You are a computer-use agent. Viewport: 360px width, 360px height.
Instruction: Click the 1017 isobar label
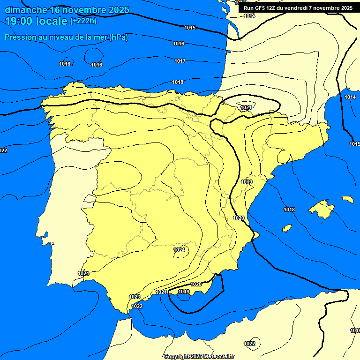(180, 61)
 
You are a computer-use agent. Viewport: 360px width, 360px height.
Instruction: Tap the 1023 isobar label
(135, 297)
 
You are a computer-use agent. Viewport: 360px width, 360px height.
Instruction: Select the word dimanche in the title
(26, 10)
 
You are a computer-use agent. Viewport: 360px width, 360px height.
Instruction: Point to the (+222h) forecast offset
(83, 21)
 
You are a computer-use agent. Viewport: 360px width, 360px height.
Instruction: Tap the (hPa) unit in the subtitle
(119, 37)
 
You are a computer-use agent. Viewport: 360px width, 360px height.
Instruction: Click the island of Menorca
(347, 199)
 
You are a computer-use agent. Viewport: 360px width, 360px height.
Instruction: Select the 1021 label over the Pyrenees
(246, 108)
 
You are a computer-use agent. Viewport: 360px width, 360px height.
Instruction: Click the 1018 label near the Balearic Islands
(289, 210)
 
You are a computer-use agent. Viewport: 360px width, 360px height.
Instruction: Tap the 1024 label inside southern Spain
(179, 250)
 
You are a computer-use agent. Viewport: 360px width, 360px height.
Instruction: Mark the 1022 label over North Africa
(249, 344)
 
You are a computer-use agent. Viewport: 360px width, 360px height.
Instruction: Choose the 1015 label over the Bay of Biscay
(190, 28)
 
